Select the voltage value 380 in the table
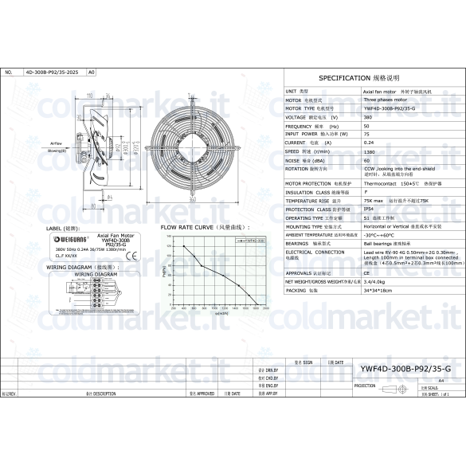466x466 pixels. [x=368, y=117]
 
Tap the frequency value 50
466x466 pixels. [x=366, y=126]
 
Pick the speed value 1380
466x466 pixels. [x=370, y=151]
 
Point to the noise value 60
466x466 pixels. [x=366, y=159]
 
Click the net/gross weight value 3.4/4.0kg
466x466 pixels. [x=374, y=281]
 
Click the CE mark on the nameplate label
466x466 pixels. [x=133, y=255]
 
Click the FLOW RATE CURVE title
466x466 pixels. [x=194, y=227]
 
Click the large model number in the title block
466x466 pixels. [x=405, y=368]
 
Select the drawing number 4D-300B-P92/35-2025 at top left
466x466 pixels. [x=53, y=72]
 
